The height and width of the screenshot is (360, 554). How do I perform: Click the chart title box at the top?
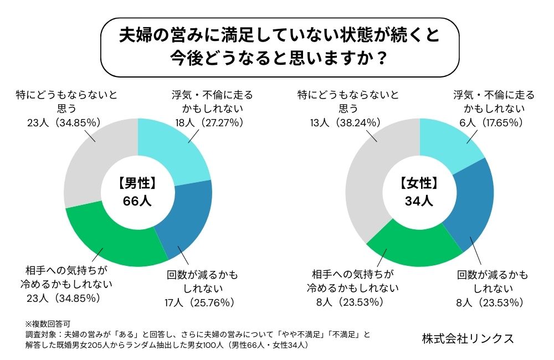point(277,47)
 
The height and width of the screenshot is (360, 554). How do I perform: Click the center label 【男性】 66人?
point(137,192)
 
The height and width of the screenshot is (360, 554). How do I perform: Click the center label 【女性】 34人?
point(419,192)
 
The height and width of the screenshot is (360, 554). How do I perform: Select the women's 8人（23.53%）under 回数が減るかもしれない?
point(486,302)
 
